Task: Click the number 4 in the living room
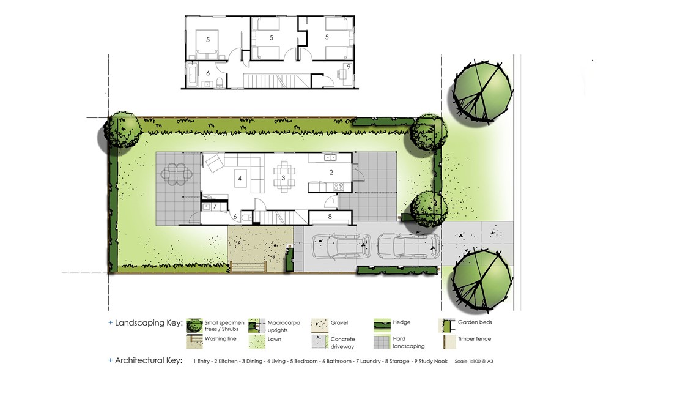[x=240, y=179]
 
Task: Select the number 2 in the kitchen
[x=331, y=173]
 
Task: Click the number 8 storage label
[x=330, y=217]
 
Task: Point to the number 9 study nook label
[x=349, y=67]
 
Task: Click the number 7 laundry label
[x=215, y=206]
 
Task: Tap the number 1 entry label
[x=333, y=201]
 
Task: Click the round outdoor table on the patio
[x=176, y=174]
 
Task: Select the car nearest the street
[x=408, y=246]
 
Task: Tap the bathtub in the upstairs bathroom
[x=191, y=75]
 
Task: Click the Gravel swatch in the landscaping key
[x=319, y=326]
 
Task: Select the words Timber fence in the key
[x=474, y=338]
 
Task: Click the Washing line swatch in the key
[x=194, y=341]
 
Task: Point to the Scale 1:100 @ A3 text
[x=474, y=362]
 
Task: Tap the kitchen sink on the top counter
[x=330, y=157]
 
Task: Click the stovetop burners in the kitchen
[x=338, y=187]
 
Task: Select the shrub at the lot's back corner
[x=122, y=130]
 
